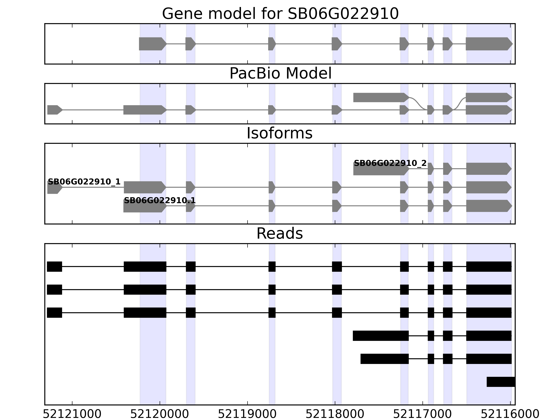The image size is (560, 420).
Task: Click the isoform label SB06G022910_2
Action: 390,163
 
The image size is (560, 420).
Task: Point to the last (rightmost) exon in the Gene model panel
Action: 489,44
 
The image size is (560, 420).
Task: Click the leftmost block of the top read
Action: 54,267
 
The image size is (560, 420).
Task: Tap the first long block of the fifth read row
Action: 384,359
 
